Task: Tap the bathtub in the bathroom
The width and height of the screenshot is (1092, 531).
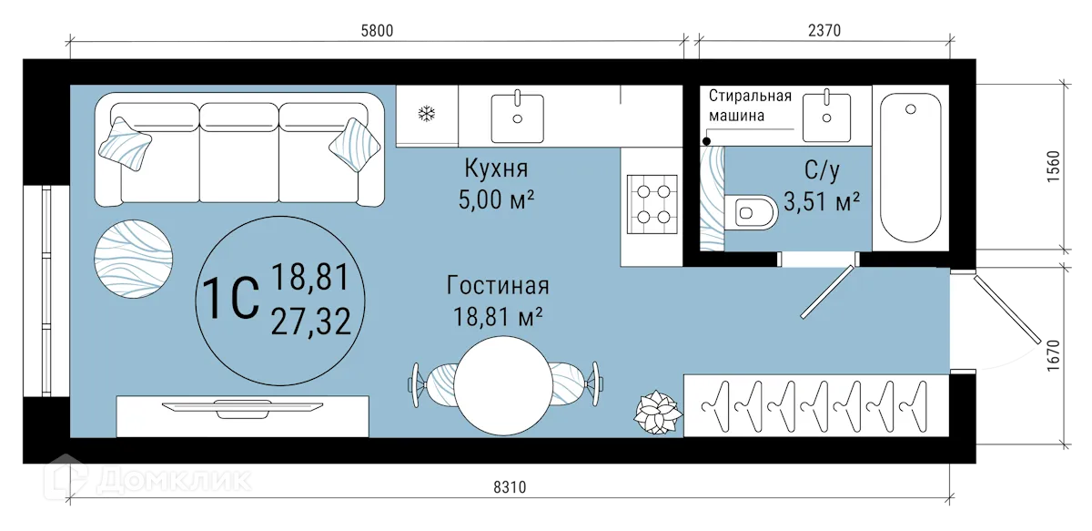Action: point(912,168)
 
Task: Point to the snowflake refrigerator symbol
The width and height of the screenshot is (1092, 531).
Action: point(425,115)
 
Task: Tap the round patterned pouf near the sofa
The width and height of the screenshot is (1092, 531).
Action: point(134,256)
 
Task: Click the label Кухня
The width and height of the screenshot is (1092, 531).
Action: point(496,168)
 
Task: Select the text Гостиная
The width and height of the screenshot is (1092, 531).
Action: point(498,286)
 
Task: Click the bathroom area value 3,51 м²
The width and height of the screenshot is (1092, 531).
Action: point(822,200)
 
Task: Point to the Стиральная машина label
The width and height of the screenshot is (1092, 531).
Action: point(750,106)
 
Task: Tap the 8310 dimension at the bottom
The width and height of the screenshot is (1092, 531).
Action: point(511,488)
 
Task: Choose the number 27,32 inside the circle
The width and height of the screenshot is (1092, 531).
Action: point(310,321)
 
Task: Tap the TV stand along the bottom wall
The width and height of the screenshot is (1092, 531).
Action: point(242,415)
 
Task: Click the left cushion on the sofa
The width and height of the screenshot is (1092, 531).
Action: point(127,144)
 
